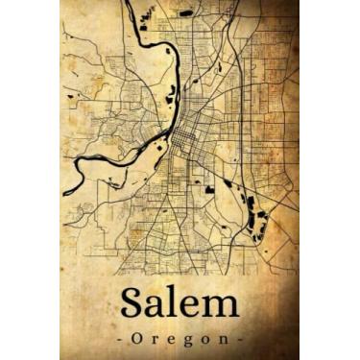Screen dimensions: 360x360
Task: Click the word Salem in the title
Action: pyautogui.click(x=180, y=304)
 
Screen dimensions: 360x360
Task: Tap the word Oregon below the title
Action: pyautogui.click(x=180, y=340)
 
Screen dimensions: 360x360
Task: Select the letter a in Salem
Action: pyautogui.click(x=158, y=307)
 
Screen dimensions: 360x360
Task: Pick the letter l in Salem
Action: pyautogui.click(x=176, y=303)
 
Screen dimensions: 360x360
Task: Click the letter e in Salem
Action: pyautogui.click(x=191, y=307)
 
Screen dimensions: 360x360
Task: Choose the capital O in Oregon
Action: pyautogui.click(x=134, y=340)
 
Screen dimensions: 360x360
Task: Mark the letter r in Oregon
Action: pyautogui.click(x=153, y=341)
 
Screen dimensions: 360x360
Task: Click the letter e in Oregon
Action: pyautogui.click(x=170, y=341)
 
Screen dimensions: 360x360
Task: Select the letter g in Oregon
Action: pyautogui.click(x=188, y=342)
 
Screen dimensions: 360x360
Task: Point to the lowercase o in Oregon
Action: pyautogui.click(x=206, y=341)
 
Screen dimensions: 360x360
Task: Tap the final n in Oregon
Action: pyautogui.click(x=225, y=341)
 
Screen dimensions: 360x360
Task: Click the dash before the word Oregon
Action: pyautogui.click(x=118, y=341)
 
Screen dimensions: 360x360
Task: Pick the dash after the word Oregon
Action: pyautogui.click(x=241, y=341)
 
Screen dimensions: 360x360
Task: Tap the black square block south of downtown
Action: pyautogui.click(x=209, y=189)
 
